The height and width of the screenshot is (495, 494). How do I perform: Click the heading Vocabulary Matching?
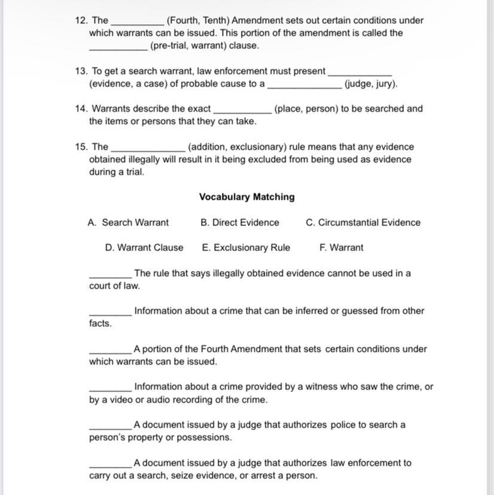click(x=246, y=197)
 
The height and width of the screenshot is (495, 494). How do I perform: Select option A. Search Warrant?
click(x=128, y=222)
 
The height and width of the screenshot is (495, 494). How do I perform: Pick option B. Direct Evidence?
click(x=240, y=222)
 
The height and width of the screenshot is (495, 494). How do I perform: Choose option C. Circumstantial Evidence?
click(x=363, y=222)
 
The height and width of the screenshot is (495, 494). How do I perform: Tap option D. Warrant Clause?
click(x=144, y=247)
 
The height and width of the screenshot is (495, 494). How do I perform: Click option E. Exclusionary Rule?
click(x=246, y=247)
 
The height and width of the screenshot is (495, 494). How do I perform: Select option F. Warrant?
click(x=341, y=247)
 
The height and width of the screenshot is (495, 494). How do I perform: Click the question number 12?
click(x=81, y=20)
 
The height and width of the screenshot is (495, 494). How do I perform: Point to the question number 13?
click(x=81, y=71)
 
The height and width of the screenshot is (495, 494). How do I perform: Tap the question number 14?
click(x=81, y=109)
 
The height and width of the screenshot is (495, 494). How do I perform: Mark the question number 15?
click(x=81, y=146)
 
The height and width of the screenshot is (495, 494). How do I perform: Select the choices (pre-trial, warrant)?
click(x=205, y=45)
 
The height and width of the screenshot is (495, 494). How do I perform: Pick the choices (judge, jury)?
click(x=371, y=84)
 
